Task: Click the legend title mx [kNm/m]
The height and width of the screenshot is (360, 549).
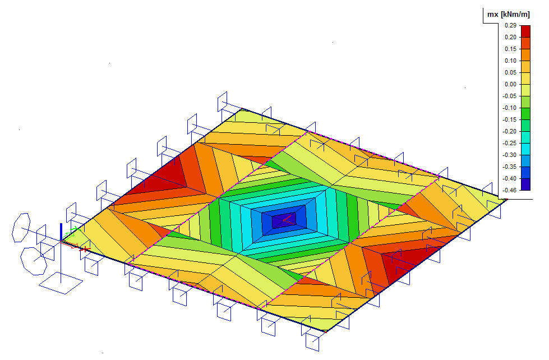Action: [x=509, y=15]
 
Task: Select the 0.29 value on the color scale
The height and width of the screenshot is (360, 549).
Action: [x=510, y=26]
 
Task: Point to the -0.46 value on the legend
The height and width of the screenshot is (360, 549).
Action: [x=509, y=190]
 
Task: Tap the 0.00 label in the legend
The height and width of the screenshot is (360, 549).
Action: [x=510, y=84]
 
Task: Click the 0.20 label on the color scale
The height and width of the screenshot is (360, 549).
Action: [x=510, y=37]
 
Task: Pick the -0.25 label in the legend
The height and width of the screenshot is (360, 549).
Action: [x=509, y=143]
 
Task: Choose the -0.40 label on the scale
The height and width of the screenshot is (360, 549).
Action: [x=509, y=178]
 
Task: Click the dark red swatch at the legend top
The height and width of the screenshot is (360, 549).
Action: [x=525, y=31]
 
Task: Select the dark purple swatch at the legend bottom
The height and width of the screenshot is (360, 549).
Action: [x=525, y=184]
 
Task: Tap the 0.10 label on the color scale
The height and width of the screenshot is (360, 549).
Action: [x=510, y=61]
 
